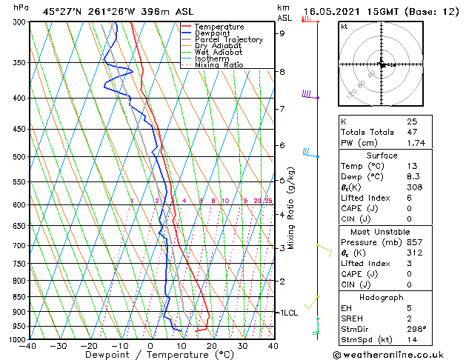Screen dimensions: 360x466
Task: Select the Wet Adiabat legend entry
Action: (x=219, y=53)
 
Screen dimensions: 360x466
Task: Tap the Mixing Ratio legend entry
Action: (x=219, y=65)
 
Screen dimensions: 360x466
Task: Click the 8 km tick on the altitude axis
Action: (x=282, y=72)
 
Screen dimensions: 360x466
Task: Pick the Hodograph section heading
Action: (x=382, y=297)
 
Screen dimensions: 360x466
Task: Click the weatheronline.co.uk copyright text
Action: (x=399, y=353)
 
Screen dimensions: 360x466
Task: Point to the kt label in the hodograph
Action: (x=344, y=27)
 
